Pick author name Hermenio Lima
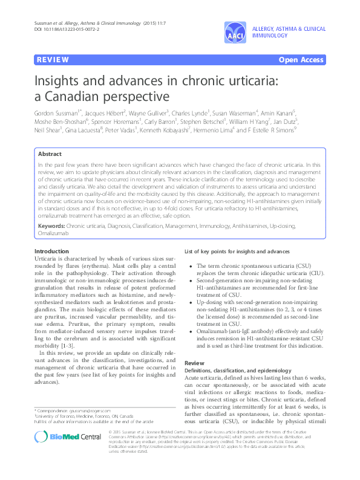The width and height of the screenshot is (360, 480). (x=214, y=130)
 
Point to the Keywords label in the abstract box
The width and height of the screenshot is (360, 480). (x=51, y=225)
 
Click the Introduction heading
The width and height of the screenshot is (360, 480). (x=51, y=251)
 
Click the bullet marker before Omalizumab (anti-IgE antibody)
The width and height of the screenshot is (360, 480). (x=191, y=329)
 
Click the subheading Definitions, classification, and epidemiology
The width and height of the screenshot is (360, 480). (x=229, y=369)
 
